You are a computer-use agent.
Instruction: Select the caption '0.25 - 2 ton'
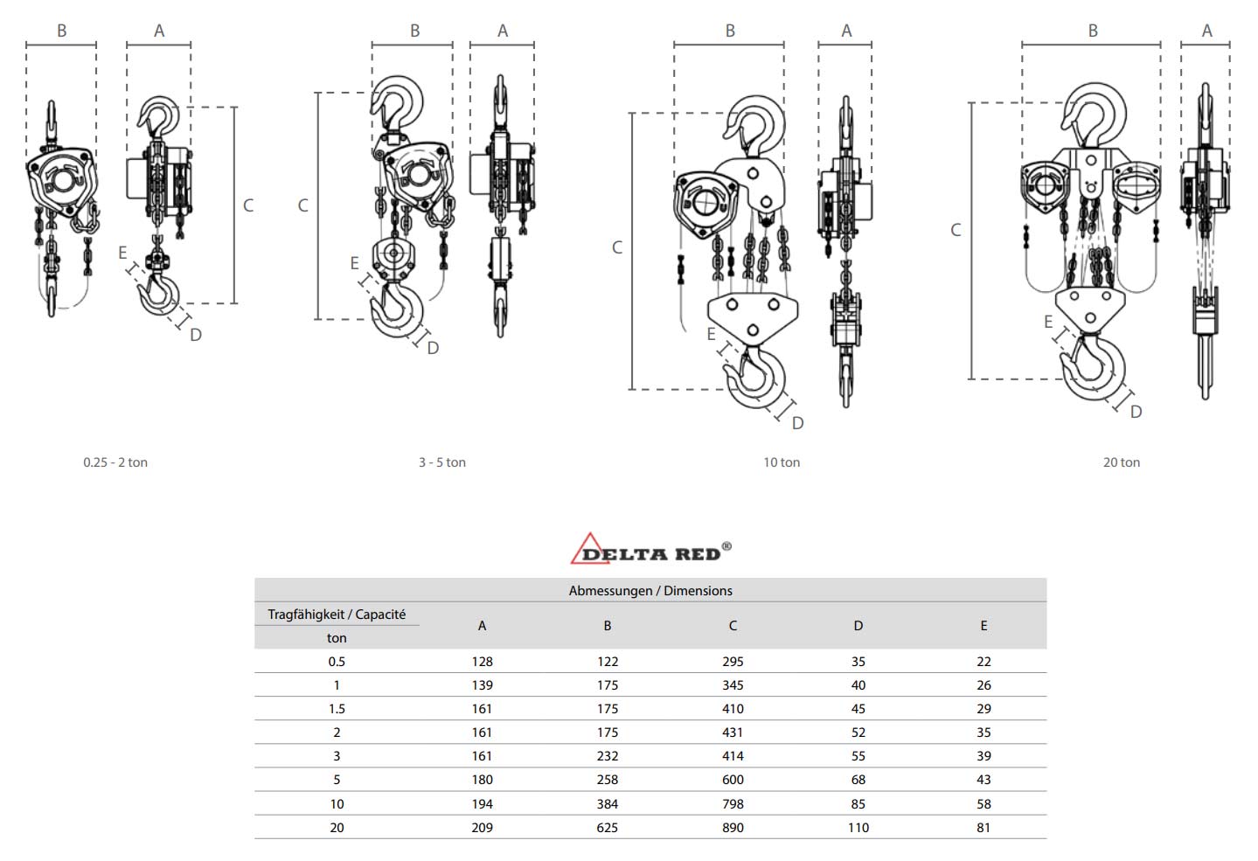115,462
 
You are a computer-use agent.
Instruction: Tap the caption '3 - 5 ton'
441,462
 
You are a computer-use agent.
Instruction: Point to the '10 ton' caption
781,462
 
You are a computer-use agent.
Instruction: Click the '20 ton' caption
1121,462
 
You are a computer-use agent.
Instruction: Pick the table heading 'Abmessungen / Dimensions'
650,591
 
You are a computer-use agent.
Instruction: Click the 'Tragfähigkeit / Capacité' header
337,615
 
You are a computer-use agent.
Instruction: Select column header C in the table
733,626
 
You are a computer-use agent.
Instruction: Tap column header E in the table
983,626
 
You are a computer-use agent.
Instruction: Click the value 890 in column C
733,828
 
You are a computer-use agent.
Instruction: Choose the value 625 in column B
607,828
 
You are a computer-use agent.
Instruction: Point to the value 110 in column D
858,828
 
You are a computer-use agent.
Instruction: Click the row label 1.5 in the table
337,709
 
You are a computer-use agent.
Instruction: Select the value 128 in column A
482,662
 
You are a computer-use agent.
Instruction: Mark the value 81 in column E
983,828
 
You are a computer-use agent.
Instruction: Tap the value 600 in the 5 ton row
733,780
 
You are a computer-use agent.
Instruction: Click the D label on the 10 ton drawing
797,423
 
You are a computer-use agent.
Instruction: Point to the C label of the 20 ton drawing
956,230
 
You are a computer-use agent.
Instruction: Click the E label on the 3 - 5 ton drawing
354,263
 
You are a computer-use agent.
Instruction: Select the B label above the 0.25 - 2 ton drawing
61,31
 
